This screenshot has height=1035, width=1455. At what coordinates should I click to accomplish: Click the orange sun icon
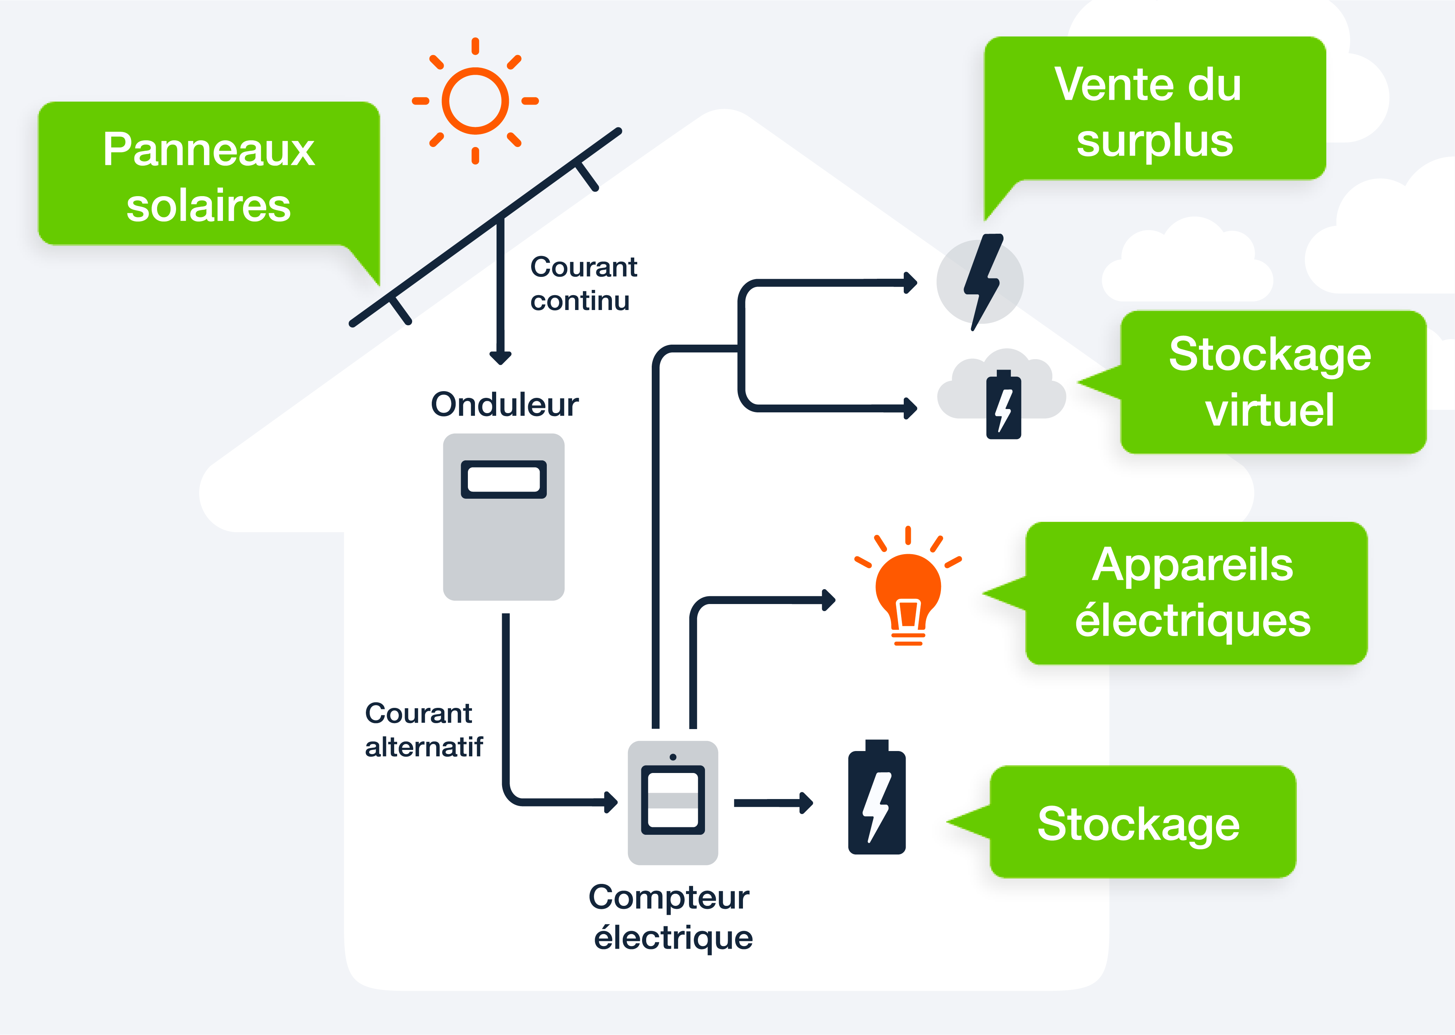click(475, 101)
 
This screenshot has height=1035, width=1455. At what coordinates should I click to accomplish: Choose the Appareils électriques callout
click(1195, 593)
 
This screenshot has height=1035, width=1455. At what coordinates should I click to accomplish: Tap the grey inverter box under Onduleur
click(504, 542)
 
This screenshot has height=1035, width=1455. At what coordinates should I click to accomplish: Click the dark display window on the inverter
click(504, 479)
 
